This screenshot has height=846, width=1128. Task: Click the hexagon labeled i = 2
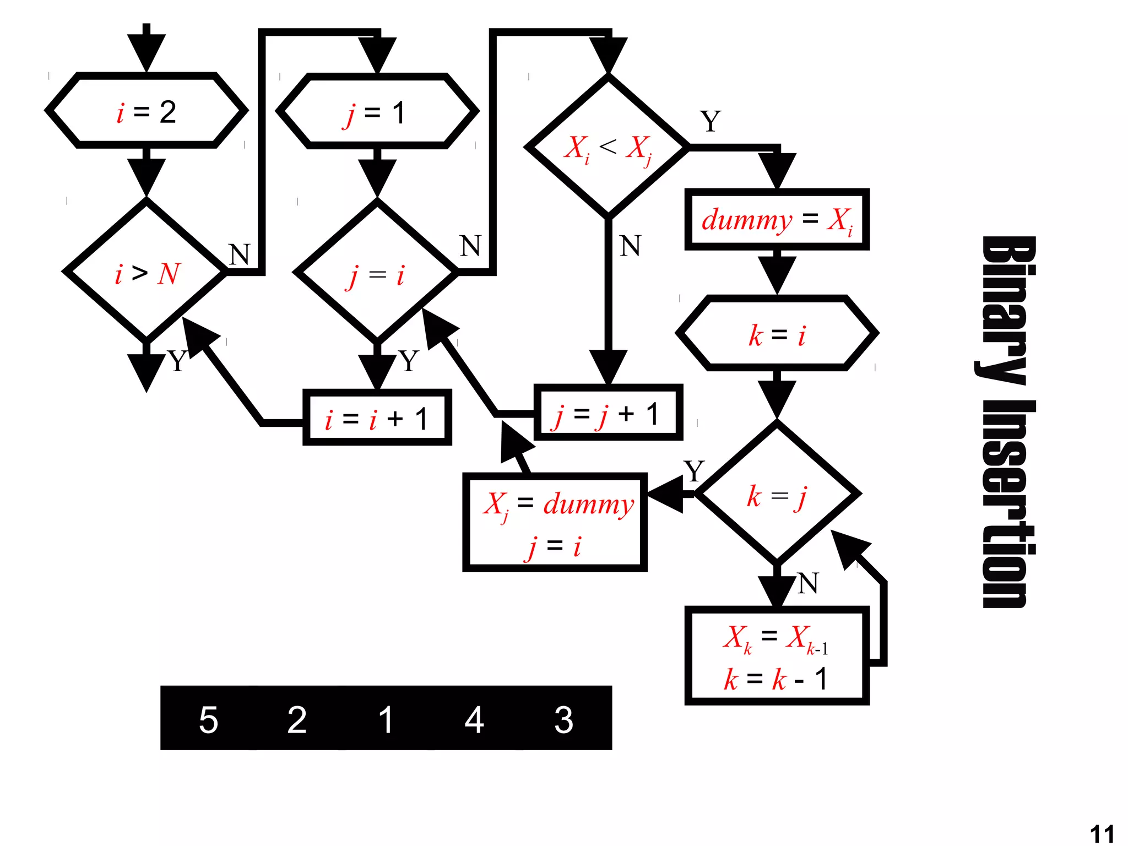click(146, 111)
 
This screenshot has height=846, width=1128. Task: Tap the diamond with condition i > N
click(146, 272)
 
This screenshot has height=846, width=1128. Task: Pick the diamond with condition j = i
click(377, 272)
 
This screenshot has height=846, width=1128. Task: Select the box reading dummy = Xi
click(777, 219)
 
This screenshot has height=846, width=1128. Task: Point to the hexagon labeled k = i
click(777, 334)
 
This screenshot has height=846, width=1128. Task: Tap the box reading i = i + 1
click(377, 418)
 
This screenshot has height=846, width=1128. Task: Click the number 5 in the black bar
click(209, 719)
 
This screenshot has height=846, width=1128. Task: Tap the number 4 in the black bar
click(474, 719)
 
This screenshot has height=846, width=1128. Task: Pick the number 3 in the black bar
click(563, 719)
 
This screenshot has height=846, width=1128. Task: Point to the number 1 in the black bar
click(386, 719)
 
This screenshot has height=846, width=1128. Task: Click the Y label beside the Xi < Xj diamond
click(711, 121)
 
